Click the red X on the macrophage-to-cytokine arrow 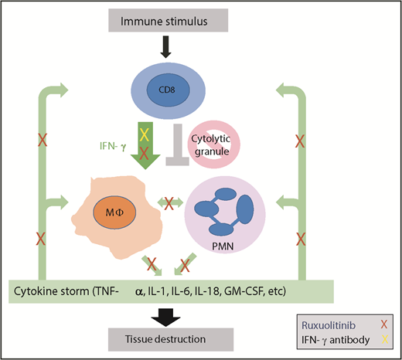(144, 263)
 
